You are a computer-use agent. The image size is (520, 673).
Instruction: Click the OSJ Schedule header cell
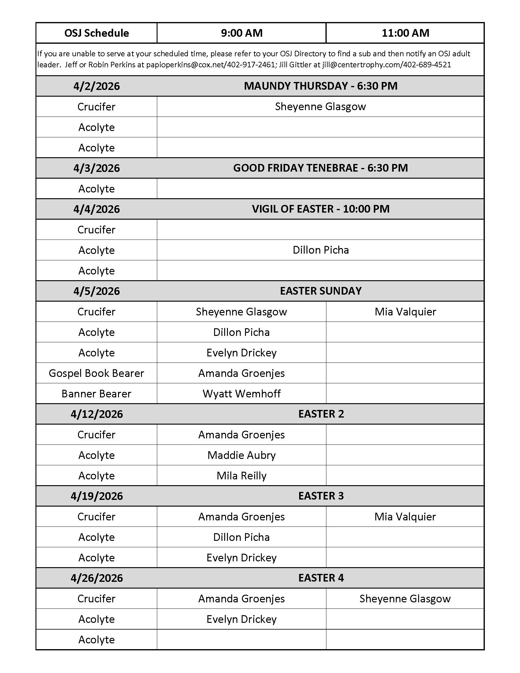pyautogui.click(x=96, y=33)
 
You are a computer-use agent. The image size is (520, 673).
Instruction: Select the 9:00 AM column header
pyautogui.click(x=242, y=33)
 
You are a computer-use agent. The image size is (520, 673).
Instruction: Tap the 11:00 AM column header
pyautogui.click(x=405, y=33)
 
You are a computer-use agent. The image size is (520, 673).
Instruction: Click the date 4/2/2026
pyautogui.click(x=96, y=86)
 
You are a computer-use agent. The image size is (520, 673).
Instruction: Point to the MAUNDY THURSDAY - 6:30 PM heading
pyautogui.click(x=320, y=86)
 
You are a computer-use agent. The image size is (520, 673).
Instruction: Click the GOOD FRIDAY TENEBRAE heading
pyautogui.click(x=320, y=168)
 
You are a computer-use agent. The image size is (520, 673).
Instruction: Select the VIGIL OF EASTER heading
pyautogui.click(x=320, y=209)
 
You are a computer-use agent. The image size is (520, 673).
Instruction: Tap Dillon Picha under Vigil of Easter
pyautogui.click(x=320, y=250)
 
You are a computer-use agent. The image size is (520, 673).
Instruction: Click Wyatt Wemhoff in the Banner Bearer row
pyautogui.click(x=242, y=393)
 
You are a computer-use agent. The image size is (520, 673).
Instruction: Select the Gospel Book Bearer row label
pyautogui.click(x=96, y=373)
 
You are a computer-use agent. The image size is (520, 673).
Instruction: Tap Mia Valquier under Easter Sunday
pyautogui.click(x=405, y=312)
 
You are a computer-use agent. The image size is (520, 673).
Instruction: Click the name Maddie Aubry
pyautogui.click(x=242, y=455)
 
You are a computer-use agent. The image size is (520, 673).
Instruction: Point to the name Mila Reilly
pyautogui.click(x=242, y=476)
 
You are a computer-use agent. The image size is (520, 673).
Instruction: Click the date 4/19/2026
pyautogui.click(x=96, y=496)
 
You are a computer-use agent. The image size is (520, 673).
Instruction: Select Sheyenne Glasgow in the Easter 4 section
pyautogui.click(x=405, y=599)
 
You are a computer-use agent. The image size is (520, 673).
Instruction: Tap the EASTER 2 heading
pyautogui.click(x=320, y=414)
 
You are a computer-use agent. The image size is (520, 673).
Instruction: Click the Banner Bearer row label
pyautogui.click(x=96, y=393)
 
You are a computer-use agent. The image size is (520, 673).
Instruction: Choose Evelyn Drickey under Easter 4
pyautogui.click(x=242, y=619)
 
